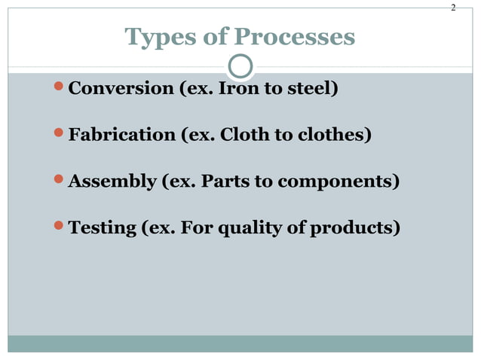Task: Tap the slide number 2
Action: (453, 8)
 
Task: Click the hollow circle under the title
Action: (240, 66)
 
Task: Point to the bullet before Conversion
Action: (60, 88)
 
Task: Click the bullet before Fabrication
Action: (60, 135)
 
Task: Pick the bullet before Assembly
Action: (60, 181)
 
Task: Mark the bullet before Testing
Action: (60, 227)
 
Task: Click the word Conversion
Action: (121, 89)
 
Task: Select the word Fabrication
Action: (121, 136)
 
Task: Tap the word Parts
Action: (225, 182)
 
